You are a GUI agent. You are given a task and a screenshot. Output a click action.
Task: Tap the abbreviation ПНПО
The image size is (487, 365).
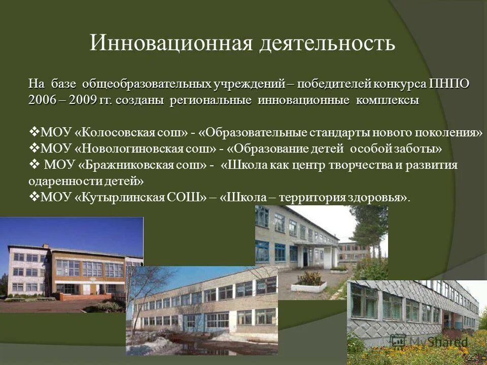click(x=449, y=84)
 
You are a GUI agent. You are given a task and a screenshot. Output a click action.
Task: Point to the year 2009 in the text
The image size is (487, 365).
click(x=83, y=100)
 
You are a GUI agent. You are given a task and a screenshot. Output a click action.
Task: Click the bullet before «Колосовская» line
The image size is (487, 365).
click(x=33, y=132)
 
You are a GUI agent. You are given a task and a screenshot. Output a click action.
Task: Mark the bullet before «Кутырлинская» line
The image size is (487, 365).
click(x=33, y=197)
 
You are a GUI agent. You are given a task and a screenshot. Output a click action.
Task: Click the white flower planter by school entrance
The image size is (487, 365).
click(x=309, y=285)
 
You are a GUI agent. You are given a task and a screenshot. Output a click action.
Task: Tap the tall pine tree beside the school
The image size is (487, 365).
click(x=368, y=228)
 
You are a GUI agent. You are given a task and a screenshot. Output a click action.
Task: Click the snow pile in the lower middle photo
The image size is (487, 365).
click(x=152, y=345)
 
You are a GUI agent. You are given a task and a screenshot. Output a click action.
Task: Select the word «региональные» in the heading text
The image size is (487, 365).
click(x=211, y=100)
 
